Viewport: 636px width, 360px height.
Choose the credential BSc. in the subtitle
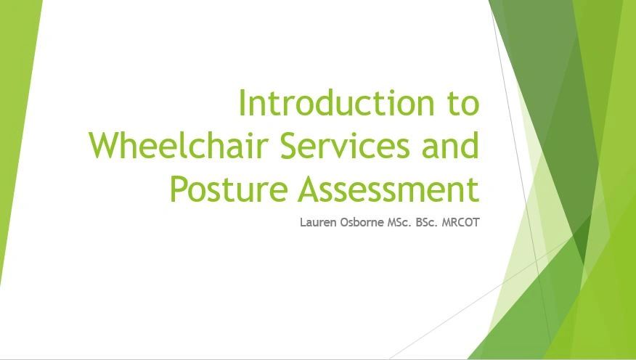coord(428,222)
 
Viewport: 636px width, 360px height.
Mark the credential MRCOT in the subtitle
coord(462,222)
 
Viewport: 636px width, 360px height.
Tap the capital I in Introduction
coord(242,103)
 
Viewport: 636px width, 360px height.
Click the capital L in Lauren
coord(303,222)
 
